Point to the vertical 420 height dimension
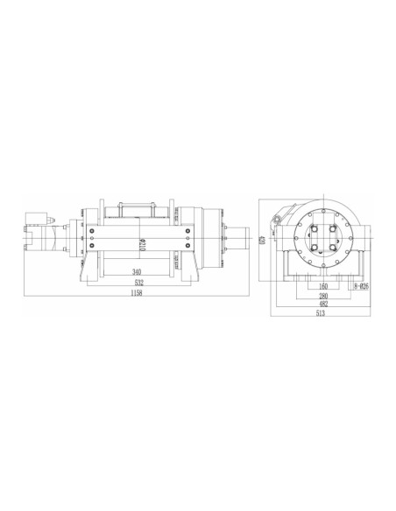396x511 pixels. [261, 239]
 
